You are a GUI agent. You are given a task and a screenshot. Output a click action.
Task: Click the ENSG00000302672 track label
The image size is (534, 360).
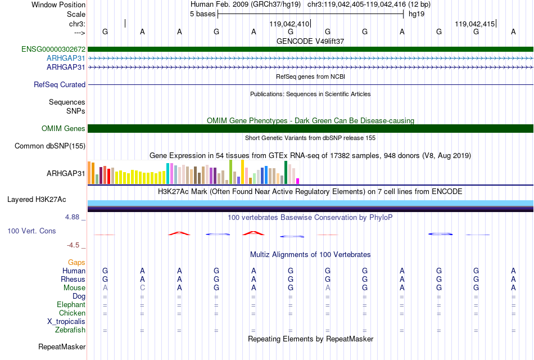point(53,49)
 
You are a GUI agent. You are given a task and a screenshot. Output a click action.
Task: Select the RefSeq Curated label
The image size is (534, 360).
point(60,84)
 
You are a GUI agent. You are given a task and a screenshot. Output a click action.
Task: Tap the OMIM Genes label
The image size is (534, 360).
point(64,128)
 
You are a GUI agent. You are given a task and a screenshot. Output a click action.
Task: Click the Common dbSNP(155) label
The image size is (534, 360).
point(50,146)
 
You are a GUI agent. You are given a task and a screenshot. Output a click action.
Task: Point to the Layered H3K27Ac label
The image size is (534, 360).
point(37,200)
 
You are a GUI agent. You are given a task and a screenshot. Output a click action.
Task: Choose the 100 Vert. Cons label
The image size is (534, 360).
point(31,231)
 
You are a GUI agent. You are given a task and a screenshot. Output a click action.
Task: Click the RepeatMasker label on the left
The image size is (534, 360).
point(62,346)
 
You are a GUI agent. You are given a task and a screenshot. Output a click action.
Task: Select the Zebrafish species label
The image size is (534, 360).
point(70,330)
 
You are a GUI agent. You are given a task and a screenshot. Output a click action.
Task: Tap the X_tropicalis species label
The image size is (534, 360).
point(66,322)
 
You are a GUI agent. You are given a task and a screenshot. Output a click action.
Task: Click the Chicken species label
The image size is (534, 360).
point(72,313)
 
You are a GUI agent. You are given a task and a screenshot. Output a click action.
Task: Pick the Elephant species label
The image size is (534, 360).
point(71,304)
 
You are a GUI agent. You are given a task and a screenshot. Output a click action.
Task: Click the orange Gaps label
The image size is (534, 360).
point(76,262)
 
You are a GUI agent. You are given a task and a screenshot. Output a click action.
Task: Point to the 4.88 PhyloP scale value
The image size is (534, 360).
point(72,217)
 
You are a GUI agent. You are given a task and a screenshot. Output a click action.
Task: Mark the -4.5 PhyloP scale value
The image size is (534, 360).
point(73,245)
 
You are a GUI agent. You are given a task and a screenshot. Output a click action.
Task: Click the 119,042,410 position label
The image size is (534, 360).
point(289,24)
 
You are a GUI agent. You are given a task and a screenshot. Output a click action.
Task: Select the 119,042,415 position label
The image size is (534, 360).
point(475,24)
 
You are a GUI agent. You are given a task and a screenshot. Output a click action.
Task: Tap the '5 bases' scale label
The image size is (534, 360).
point(202,14)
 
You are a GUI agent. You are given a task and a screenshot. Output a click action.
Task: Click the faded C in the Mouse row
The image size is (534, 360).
point(142,288)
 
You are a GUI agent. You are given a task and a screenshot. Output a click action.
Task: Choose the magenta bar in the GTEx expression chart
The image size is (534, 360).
point(298,181)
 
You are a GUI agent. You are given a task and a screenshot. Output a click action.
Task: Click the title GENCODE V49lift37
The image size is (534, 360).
point(310,41)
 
